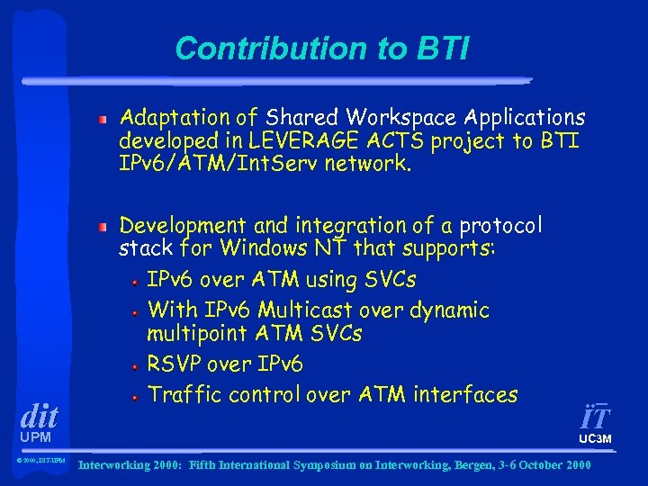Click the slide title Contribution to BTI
(x=322, y=49)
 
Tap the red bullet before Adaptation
(x=104, y=119)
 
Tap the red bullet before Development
(x=104, y=226)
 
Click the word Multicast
(x=310, y=310)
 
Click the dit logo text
(x=39, y=416)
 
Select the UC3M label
(x=595, y=439)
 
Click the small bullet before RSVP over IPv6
(x=135, y=366)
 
